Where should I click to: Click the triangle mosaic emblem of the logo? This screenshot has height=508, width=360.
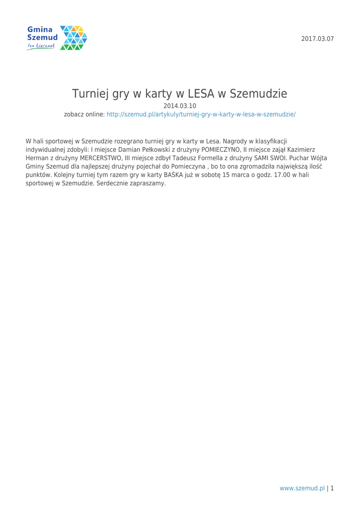73,38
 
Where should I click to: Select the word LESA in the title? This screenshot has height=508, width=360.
203,94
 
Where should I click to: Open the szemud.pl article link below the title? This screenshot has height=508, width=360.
201,114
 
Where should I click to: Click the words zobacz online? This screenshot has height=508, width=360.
84,114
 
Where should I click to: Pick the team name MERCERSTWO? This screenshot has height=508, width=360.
97,157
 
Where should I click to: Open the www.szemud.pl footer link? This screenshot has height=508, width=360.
302,488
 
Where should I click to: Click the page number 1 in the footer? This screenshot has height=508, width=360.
332,488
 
